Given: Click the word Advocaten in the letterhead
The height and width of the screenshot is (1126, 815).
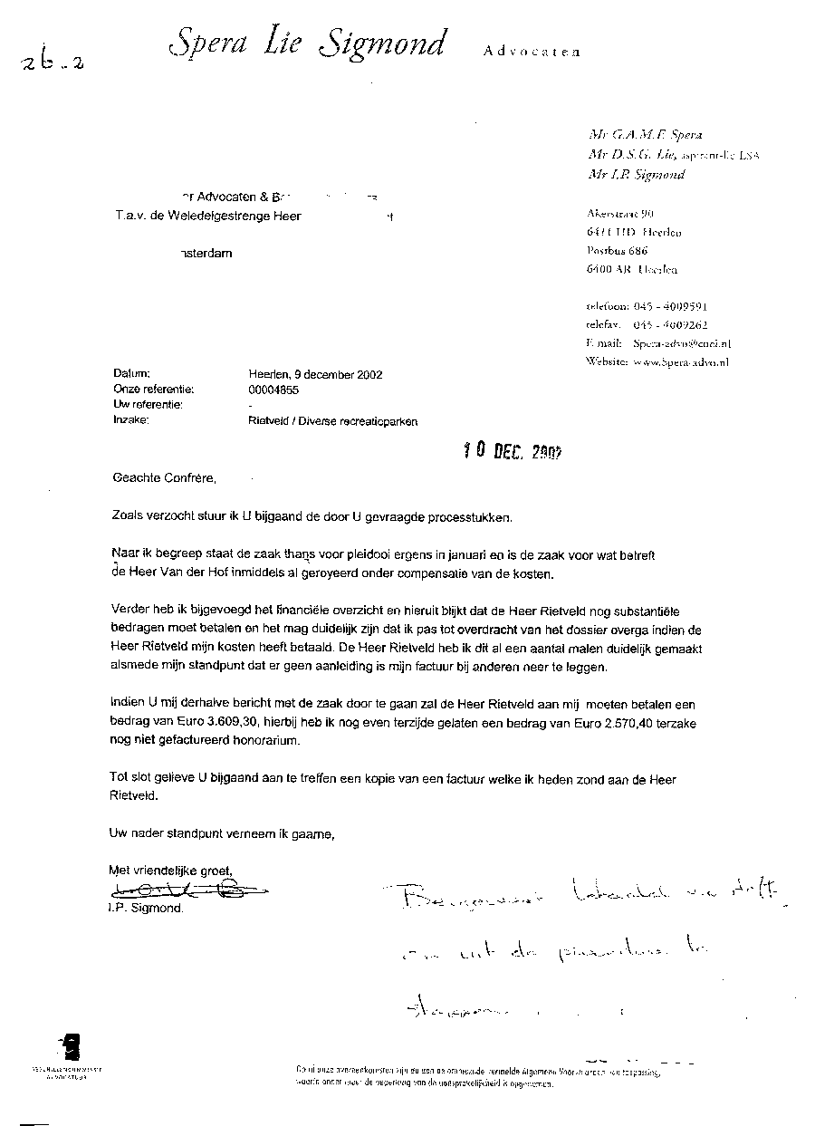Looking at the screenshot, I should [531, 53].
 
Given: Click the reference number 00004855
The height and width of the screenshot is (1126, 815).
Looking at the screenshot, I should [273, 390].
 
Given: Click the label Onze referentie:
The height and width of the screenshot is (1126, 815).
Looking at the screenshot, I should [153, 390].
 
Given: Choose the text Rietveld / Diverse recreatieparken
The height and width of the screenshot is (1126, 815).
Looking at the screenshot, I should [332, 421].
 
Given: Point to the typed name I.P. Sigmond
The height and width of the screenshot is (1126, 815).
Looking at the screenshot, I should [144, 909].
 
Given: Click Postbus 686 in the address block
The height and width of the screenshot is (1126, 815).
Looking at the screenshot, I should [617, 251].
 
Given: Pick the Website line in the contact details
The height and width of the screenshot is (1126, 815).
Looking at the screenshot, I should [657, 361].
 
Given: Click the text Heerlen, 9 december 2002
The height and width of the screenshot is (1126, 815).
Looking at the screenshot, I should [315, 374].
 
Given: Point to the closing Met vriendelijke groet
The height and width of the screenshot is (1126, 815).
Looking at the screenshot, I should [170, 871].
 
